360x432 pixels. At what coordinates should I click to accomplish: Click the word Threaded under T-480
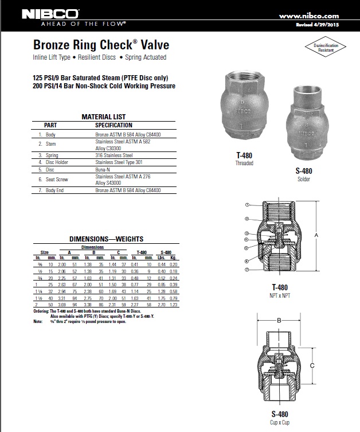[245, 163]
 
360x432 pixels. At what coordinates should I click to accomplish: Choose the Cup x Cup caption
[279, 422]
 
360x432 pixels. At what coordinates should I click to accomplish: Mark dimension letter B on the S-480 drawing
[279, 321]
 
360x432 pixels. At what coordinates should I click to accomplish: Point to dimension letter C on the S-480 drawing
[311, 365]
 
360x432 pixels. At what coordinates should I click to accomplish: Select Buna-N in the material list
[104, 170]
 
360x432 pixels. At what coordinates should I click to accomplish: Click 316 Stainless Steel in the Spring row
[114, 155]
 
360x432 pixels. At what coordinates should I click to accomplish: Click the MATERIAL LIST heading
[104, 117]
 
